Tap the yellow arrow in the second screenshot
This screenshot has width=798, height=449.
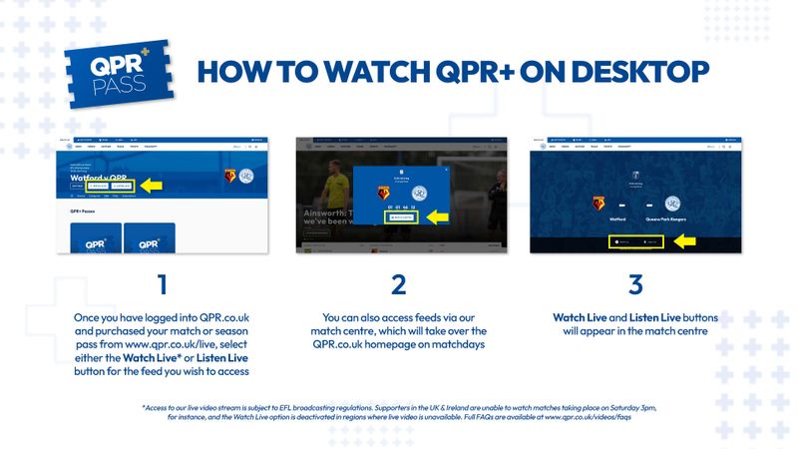click(x=430, y=217)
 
